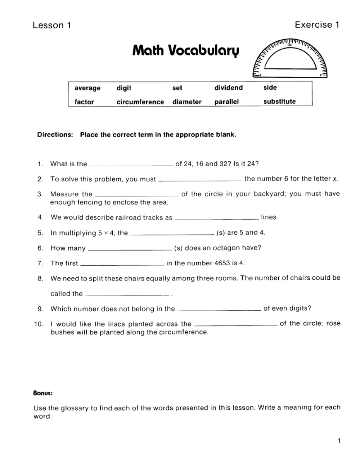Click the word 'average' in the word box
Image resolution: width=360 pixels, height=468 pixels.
tap(87, 88)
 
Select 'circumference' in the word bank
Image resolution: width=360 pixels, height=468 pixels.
tap(140, 102)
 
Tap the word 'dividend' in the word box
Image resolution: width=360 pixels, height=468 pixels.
tap(229, 88)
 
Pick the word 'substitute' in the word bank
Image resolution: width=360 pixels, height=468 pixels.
tap(279, 102)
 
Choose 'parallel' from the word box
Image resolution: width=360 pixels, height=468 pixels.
tap(226, 102)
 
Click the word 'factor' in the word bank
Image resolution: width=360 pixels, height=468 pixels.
tap(84, 102)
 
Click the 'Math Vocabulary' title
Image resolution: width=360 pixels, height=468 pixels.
tap(185, 51)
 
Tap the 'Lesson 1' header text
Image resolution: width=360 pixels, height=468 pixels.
tap(52, 25)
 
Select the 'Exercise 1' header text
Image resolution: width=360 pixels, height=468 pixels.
tap(317, 25)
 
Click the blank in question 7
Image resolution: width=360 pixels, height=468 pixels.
tap(122, 264)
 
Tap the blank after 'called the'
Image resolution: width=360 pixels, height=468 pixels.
tap(127, 295)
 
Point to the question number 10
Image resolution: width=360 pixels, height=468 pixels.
tap(39, 324)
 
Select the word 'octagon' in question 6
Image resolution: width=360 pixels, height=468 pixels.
tap(226, 248)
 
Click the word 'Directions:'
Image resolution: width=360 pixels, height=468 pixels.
tap(55, 135)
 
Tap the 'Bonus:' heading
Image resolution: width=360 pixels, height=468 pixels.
tap(43, 393)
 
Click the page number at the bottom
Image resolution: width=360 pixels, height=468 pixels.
tap(339, 441)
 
